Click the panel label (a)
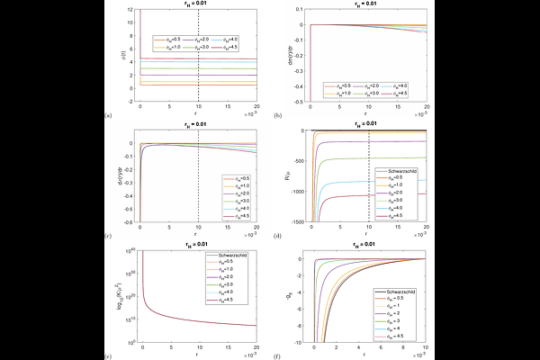point(109,116)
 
